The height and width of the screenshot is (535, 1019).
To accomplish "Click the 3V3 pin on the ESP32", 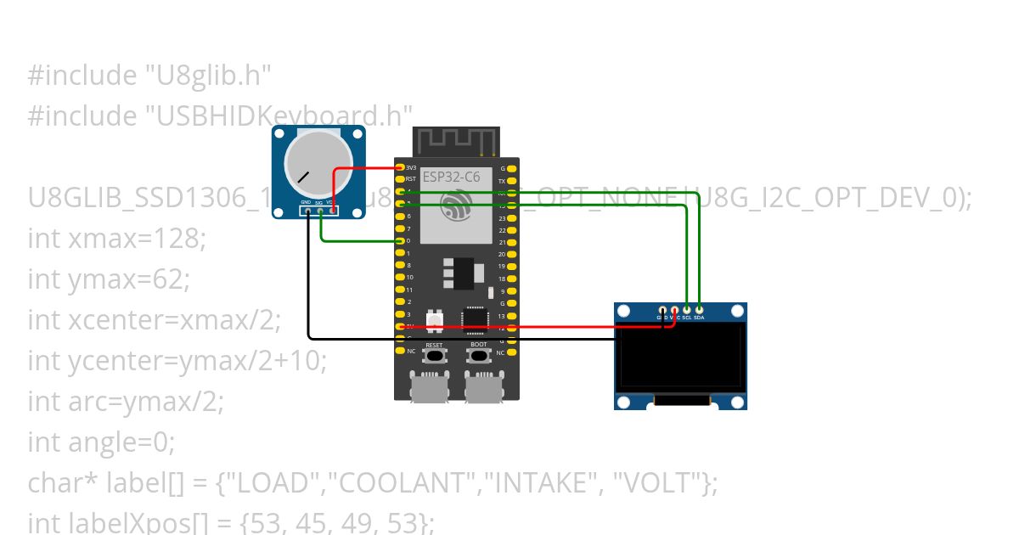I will (x=400, y=168).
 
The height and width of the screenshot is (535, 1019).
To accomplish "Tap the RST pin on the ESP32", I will (x=400, y=180).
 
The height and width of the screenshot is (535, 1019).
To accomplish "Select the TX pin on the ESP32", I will (x=512, y=181).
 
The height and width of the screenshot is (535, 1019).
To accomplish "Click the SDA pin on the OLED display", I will (x=699, y=310).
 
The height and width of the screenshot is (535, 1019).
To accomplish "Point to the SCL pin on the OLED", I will (x=686, y=310).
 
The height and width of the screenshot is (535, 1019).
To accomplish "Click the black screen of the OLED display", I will (x=681, y=357).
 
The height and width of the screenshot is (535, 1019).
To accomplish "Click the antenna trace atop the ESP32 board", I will (x=455, y=141).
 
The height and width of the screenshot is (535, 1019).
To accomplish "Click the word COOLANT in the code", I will (x=405, y=483).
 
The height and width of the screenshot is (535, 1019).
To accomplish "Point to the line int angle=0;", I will (x=101, y=442).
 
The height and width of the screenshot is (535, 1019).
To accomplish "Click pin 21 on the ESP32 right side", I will (x=512, y=242).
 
